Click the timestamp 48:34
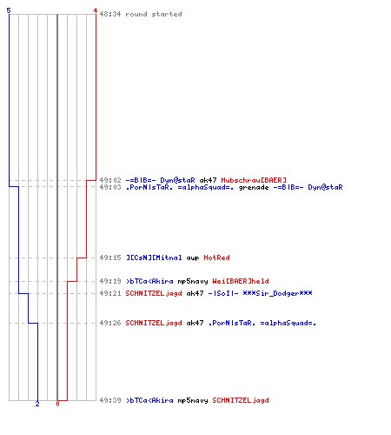click(110, 14)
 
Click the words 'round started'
click(154, 14)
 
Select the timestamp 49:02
click(110, 180)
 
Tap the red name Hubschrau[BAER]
click(254, 180)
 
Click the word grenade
click(254, 188)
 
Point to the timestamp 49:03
click(110, 187)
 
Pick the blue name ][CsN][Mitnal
click(154, 258)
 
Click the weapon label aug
click(193, 258)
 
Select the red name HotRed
click(216, 258)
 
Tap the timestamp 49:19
click(110, 281)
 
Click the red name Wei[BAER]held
click(241, 281)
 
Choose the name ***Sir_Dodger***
click(278, 293)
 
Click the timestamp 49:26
click(110, 323)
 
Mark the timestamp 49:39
click(110, 400)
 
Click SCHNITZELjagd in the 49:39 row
click(241, 400)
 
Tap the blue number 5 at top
click(9, 10)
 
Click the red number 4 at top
click(96, 10)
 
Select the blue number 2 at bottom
click(37, 404)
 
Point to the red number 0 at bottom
click(57, 404)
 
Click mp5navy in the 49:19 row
click(193, 281)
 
